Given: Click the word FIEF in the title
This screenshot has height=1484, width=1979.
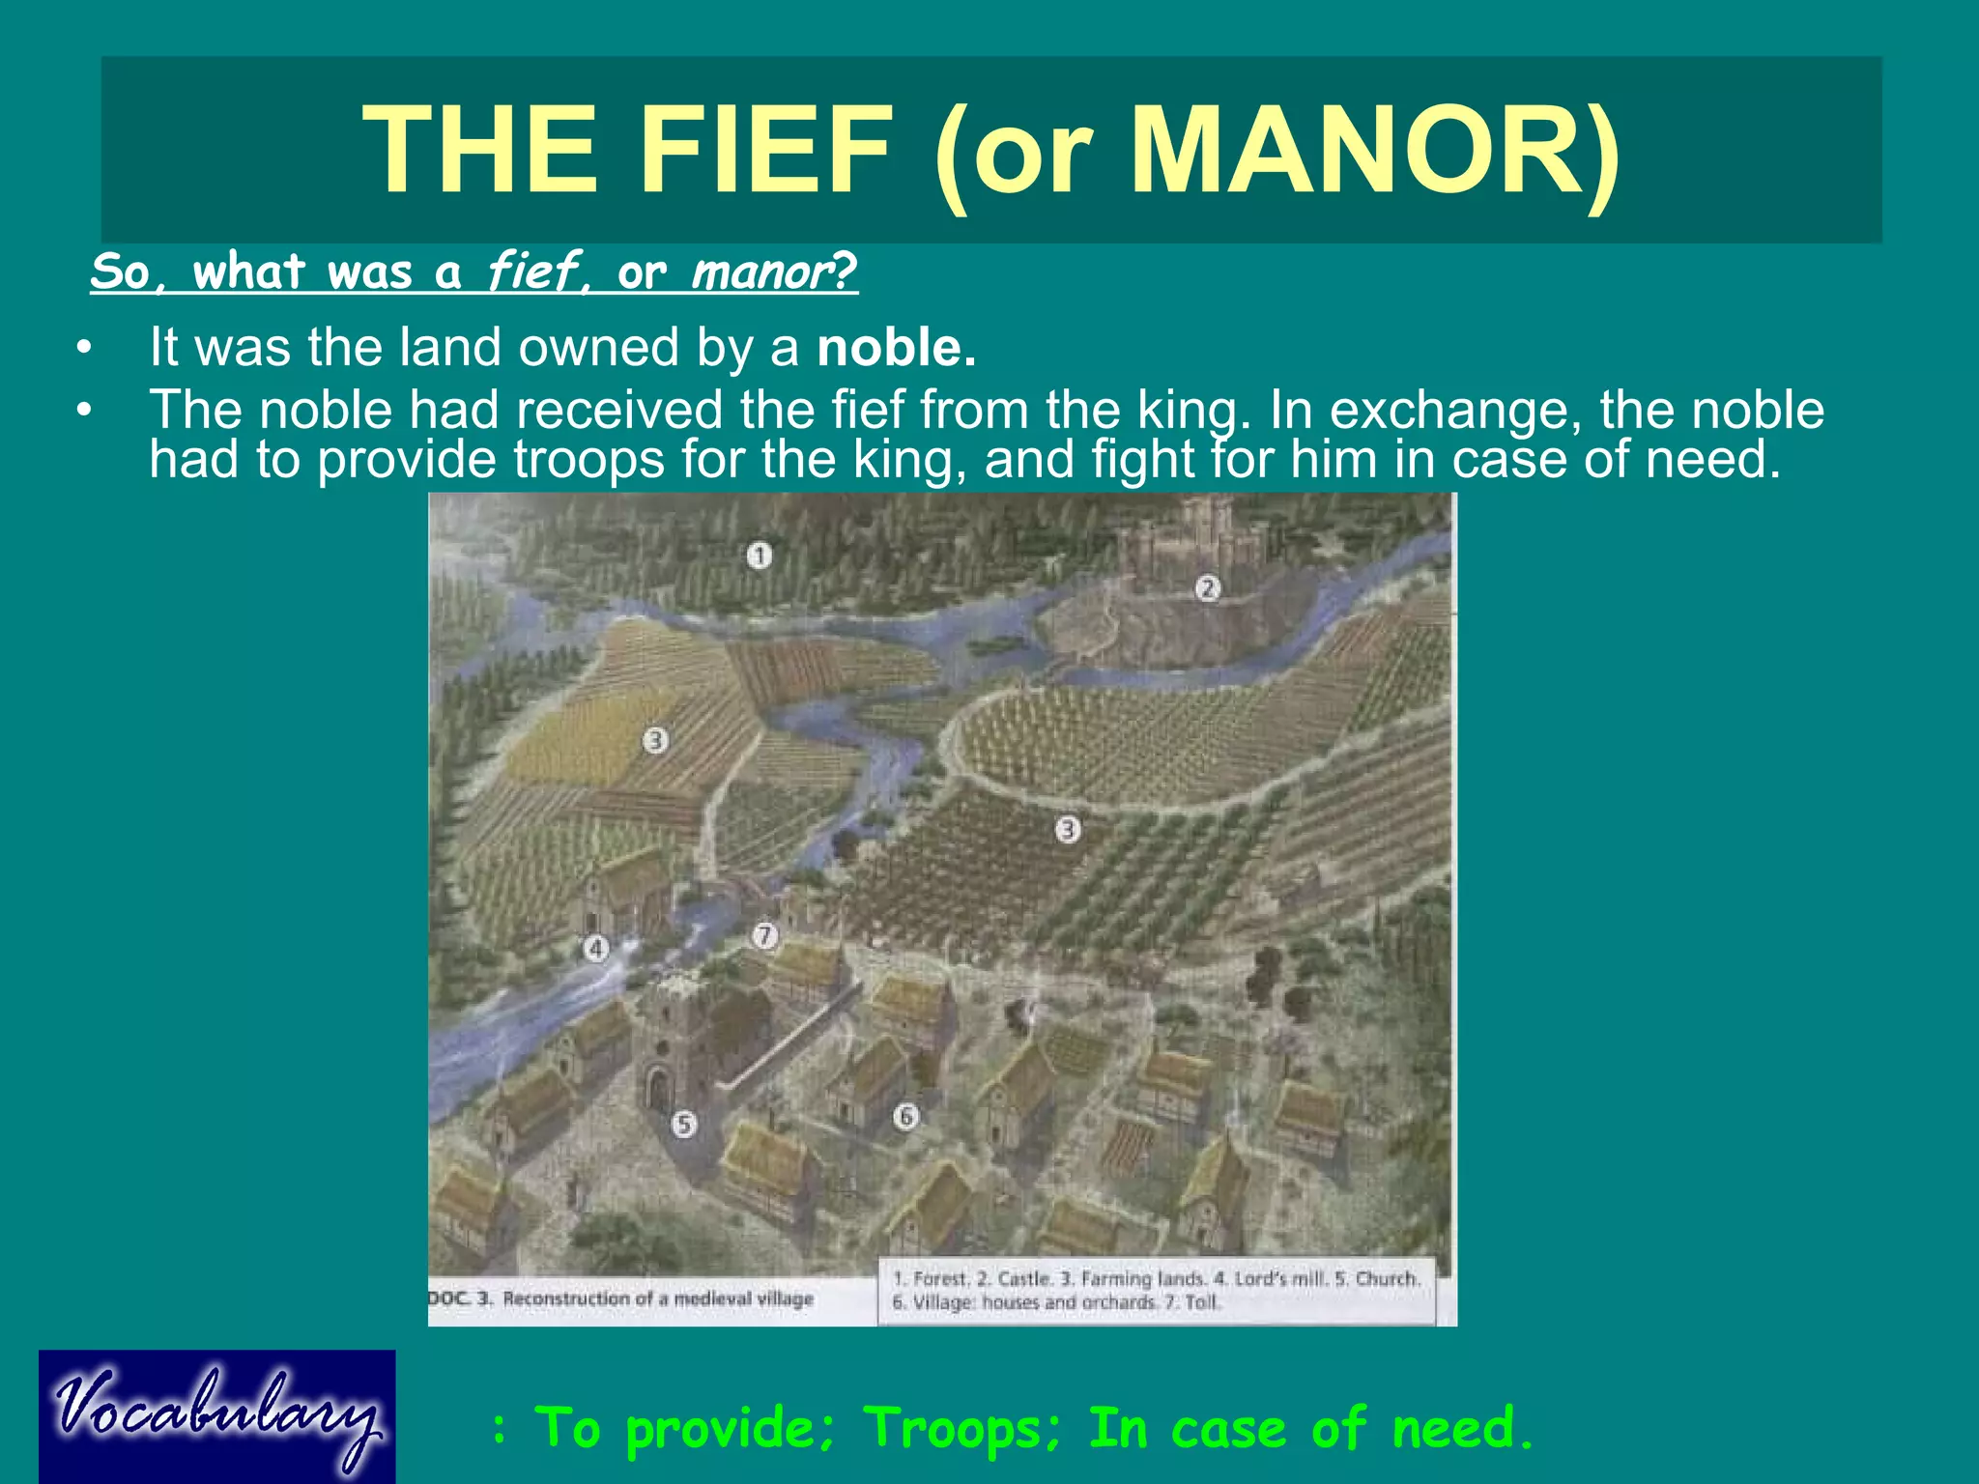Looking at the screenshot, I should point(764,150).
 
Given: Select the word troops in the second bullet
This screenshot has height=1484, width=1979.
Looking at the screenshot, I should point(588,459).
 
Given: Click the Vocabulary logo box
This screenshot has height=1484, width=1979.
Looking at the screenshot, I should point(217,1416).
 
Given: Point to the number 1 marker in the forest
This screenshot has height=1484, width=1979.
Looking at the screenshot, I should point(760,556).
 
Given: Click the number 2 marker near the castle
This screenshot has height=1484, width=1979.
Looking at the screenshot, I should point(1208,587).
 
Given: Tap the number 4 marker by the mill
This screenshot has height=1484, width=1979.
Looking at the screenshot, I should point(596,949).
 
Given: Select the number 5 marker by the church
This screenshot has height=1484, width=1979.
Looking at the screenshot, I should point(684,1124).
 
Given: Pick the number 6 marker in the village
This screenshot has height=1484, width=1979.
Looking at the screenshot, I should point(905,1117).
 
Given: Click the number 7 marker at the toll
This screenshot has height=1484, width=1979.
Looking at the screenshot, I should point(764,935).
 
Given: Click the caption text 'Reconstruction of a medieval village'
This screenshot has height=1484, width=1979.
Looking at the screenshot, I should point(658,1298).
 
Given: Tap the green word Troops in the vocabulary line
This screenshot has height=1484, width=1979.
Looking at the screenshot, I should point(961,1428).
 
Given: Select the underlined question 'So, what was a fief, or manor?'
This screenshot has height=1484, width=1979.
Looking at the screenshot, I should point(473,271).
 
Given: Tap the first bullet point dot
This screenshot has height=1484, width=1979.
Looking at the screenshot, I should point(85,348).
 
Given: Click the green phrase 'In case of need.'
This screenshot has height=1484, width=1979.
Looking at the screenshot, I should point(1310,1428).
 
